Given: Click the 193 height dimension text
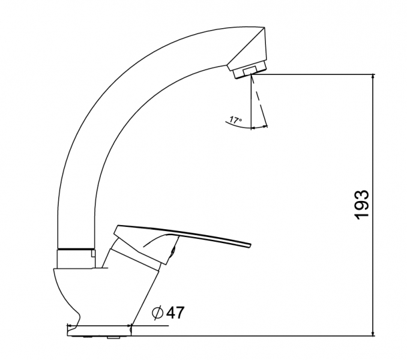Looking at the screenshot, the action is tap(361, 205).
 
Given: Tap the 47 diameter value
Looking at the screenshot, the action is tap(175, 313).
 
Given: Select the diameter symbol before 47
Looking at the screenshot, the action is tap(157, 313).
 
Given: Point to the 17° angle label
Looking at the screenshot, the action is tap(236, 120).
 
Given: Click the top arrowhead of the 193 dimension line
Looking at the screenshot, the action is tap(373, 76).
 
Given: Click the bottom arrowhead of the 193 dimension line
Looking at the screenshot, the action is tap(373, 334).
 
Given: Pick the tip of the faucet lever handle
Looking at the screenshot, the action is tap(251, 245).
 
